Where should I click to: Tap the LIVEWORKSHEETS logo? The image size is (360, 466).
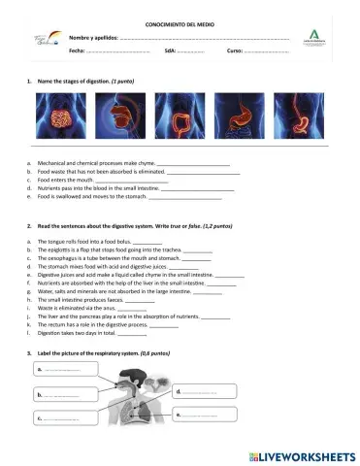coord(302,454)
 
